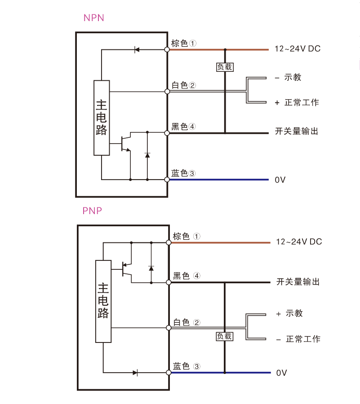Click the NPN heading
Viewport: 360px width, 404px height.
(93, 18)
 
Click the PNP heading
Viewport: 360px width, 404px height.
(92, 211)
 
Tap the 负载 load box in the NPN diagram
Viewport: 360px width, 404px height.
(225, 67)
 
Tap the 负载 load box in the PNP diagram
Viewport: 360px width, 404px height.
(225, 336)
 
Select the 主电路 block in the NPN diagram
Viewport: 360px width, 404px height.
(102, 118)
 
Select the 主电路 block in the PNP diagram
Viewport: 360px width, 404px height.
(103, 301)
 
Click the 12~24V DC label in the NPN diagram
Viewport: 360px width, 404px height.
(298, 48)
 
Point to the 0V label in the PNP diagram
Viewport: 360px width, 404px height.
(281, 373)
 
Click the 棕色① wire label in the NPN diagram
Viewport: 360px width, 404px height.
(184, 43)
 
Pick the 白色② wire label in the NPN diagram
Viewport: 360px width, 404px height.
(184, 85)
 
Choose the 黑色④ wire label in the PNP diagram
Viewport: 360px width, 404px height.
(187, 276)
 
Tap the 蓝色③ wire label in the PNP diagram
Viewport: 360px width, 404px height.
(187, 366)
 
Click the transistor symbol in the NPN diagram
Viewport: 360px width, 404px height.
(126, 143)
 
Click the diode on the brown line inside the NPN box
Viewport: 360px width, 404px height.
(137, 49)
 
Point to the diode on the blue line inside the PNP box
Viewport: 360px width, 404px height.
(135, 373)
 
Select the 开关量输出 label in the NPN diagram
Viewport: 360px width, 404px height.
(297, 131)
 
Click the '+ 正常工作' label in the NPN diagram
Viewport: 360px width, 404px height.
(297, 102)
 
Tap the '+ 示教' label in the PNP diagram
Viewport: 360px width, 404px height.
(289, 313)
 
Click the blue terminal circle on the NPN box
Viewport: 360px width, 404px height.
(167, 180)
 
